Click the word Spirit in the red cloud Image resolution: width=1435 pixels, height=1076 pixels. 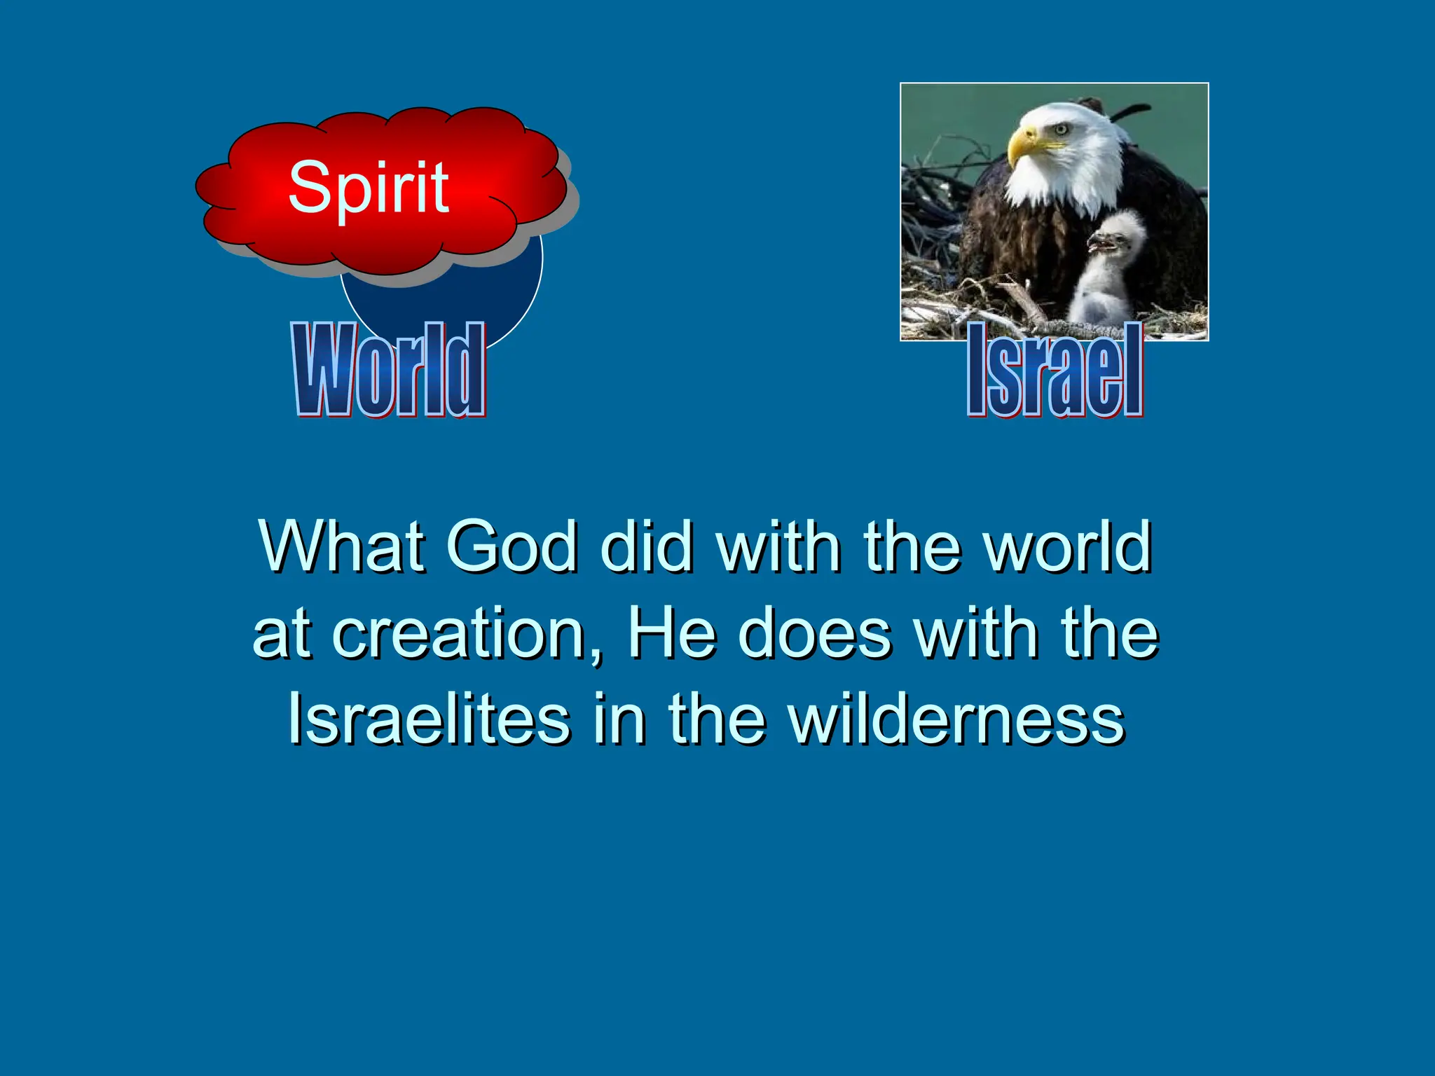(369, 188)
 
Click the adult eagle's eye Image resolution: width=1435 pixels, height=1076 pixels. (1061, 129)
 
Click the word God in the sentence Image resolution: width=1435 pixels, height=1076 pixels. (511, 546)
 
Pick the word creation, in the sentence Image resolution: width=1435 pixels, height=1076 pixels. (467, 634)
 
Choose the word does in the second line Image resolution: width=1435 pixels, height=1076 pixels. (816, 634)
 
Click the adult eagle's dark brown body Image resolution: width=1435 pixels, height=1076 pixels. (1016, 245)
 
